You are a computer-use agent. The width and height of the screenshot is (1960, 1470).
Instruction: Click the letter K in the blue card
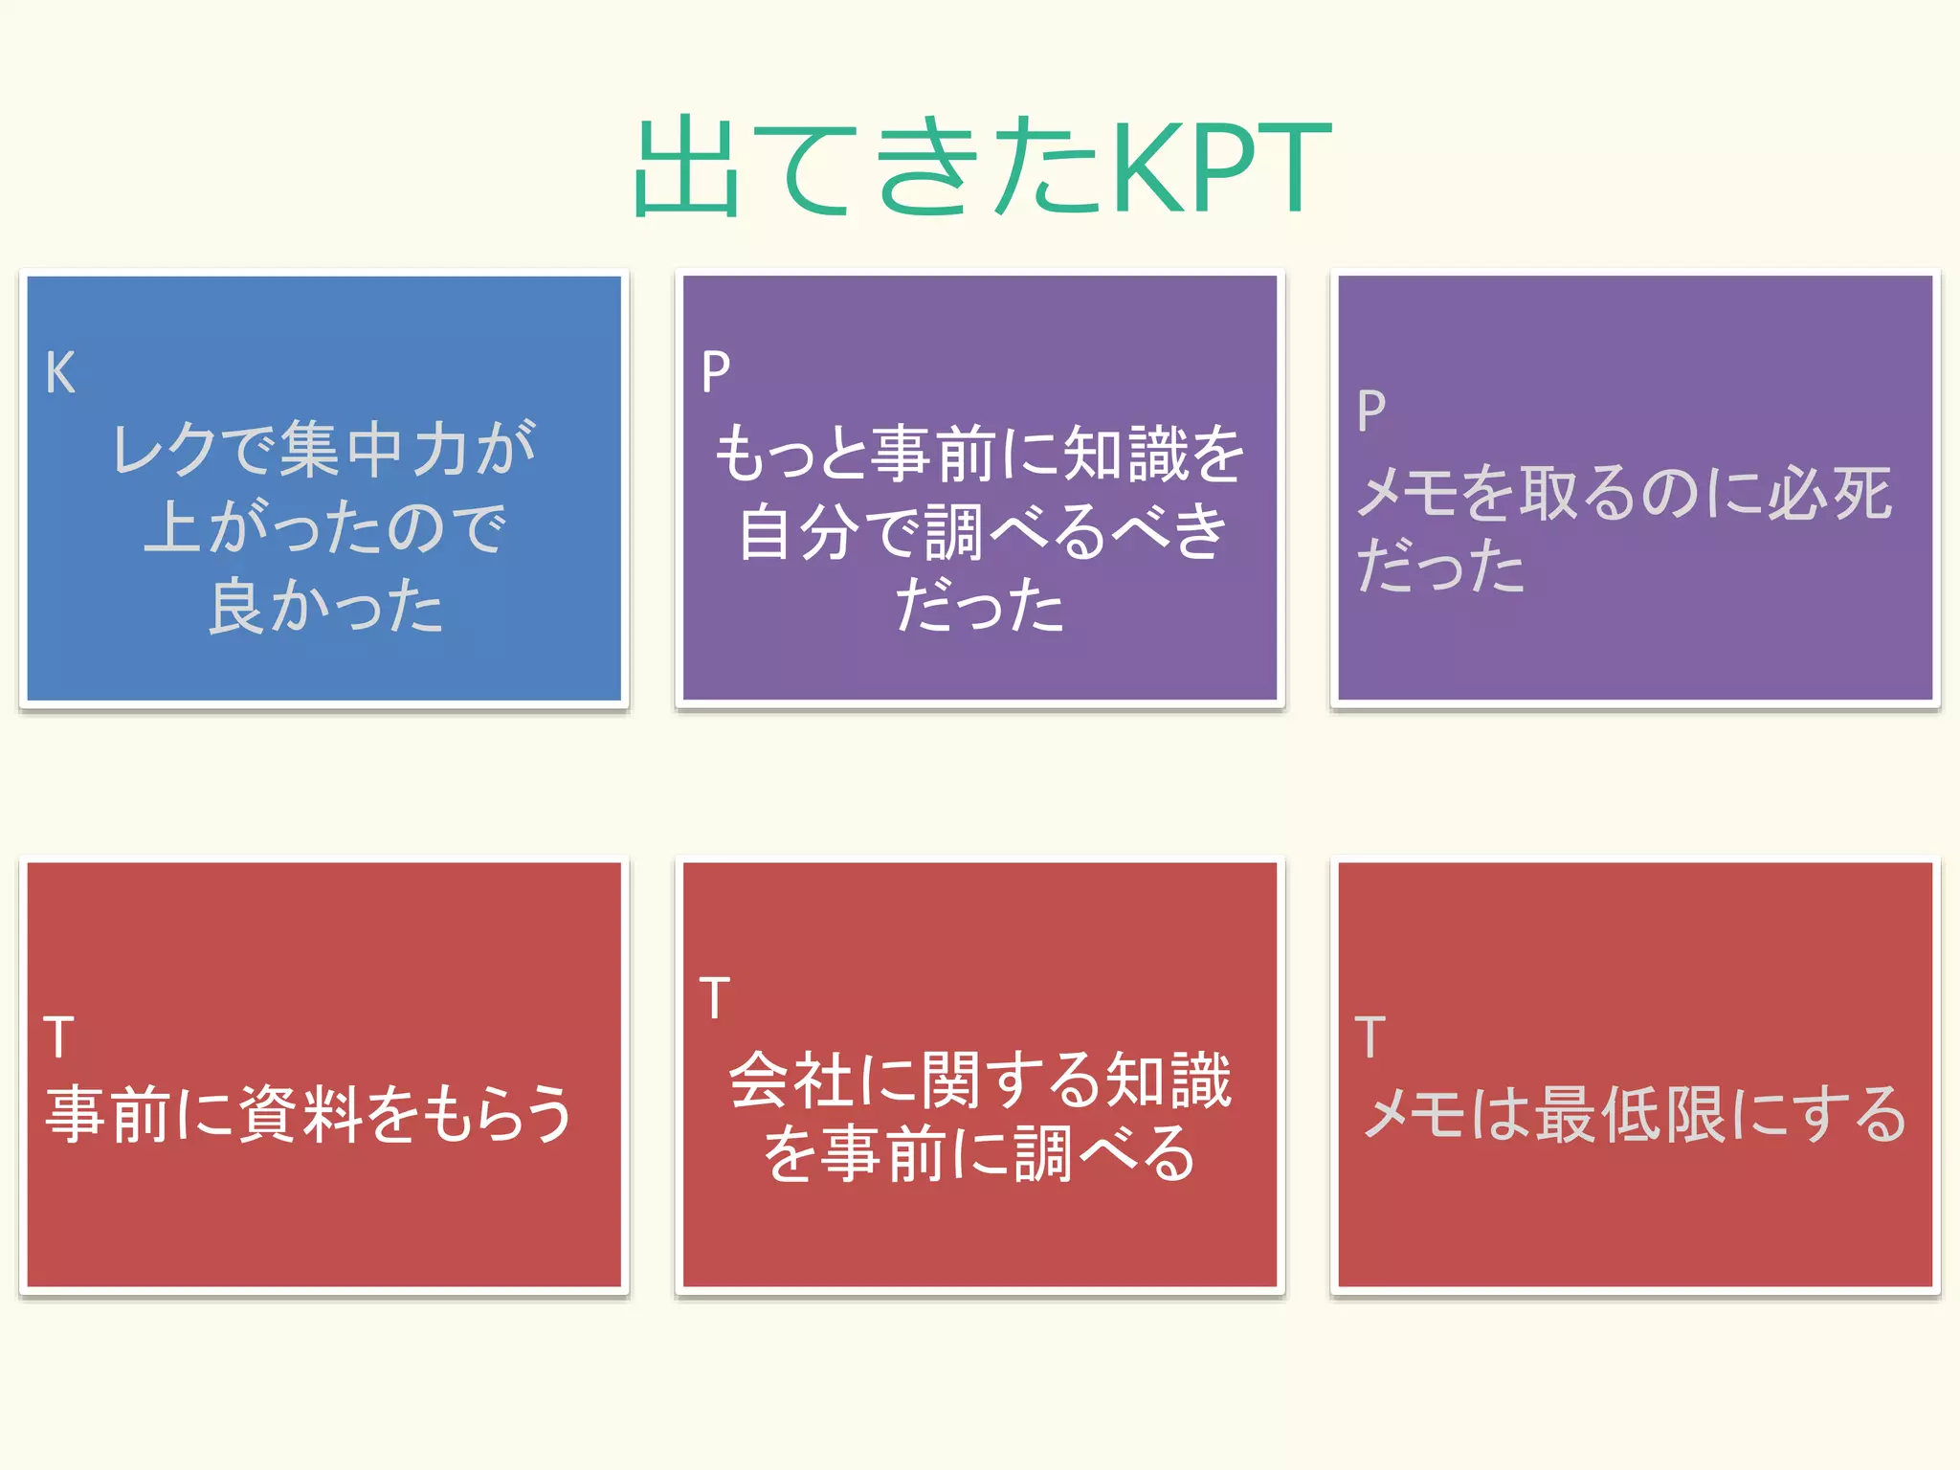tap(59, 372)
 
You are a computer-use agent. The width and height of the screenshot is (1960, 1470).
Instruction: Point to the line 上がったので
tap(323, 527)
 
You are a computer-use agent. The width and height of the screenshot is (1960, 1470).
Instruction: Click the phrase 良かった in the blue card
tap(325, 606)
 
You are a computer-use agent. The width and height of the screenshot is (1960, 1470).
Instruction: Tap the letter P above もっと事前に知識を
tap(715, 372)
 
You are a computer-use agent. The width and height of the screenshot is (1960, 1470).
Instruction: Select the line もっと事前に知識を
tap(979, 453)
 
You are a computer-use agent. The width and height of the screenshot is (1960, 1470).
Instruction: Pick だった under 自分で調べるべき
tap(979, 606)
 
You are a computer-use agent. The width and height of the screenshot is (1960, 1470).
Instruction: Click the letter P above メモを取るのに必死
tap(1370, 412)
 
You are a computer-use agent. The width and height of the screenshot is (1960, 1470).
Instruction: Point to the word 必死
tap(1828, 493)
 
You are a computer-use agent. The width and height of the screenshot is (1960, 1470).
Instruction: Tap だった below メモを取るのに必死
tap(1440, 566)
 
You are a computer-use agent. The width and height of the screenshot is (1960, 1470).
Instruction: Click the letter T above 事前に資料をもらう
tap(58, 1037)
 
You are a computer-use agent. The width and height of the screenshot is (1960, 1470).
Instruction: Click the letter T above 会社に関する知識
tap(714, 998)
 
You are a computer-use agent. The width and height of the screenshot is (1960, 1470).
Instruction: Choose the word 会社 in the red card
tap(792, 1080)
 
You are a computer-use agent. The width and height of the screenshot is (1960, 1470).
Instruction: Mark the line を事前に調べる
tap(979, 1154)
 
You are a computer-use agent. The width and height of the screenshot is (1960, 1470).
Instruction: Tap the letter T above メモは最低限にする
tap(1370, 1037)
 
